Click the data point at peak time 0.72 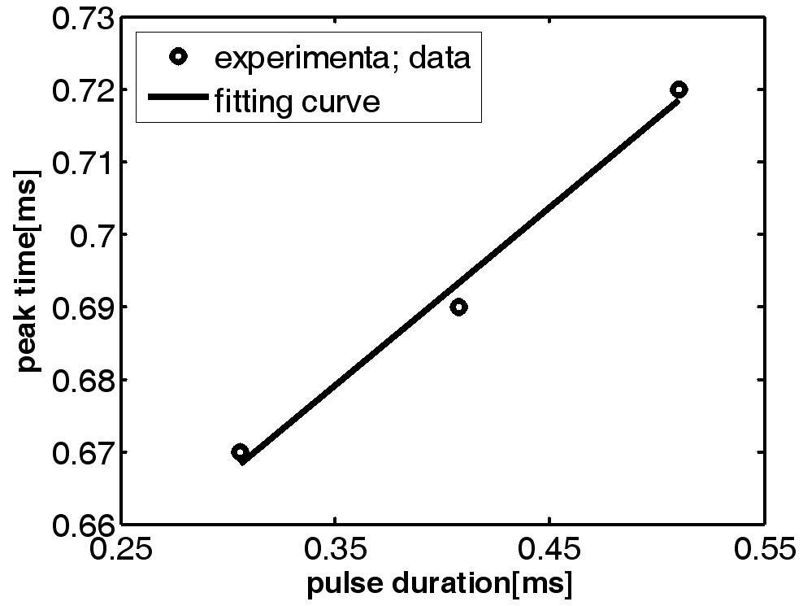pos(679,89)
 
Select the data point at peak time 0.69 pos(458,307)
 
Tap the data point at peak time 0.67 pos(240,452)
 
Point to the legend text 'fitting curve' pos(297,102)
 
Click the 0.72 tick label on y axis pos(82,89)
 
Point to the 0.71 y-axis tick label pos(82,162)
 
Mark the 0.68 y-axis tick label pos(82,380)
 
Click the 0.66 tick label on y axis pos(82,525)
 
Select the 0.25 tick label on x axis pos(122,552)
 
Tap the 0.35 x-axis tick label pos(336,552)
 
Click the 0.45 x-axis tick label pos(550,552)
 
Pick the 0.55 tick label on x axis pos(764,552)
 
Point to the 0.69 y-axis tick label pos(82,307)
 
